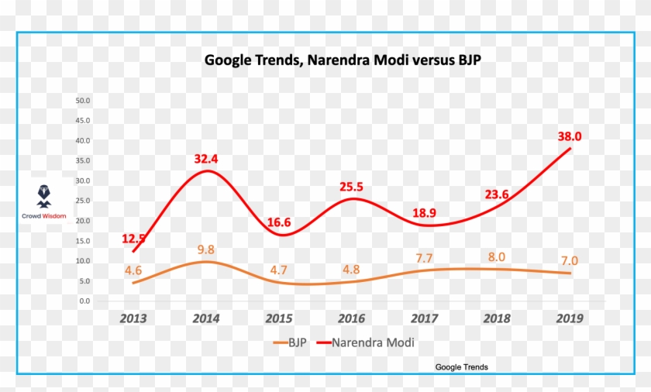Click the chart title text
tap(343, 60)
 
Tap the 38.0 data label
tap(570, 136)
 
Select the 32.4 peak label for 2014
tap(206, 159)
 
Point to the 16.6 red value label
tap(278, 222)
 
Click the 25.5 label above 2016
tap(351, 187)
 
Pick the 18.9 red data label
tap(425, 213)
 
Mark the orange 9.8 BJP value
tap(206, 249)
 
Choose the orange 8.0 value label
tap(497, 256)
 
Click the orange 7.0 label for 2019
tap(570, 260)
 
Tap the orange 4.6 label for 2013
tap(133, 270)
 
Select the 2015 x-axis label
tap(278, 318)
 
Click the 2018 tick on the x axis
tap(497, 318)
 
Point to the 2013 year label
tap(133, 318)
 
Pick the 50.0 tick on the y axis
tap(83, 101)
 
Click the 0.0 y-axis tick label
tap(84, 301)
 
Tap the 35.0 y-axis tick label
tap(83, 160)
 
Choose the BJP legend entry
tap(290, 342)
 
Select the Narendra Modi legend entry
tap(365, 342)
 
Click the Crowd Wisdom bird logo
tap(44, 196)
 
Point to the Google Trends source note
tap(461, 367)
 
